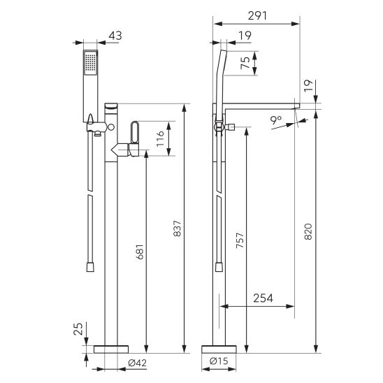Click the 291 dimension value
click(x=257, y=15)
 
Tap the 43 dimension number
click(x=115, y=36)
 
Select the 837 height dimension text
click(x=178, y=228)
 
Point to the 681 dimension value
click(x=140, y=252)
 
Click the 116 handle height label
click(x=160, y=139)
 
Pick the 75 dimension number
click(x=245, y=63)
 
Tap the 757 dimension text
click(x=240, y=240)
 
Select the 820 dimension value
click(x=308, y=231)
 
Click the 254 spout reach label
click(x=263, y=298)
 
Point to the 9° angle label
click(x=276, y=120)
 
